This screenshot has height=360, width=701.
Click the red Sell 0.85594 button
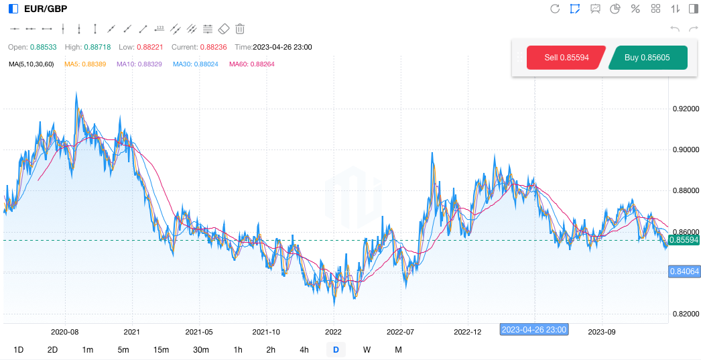566,58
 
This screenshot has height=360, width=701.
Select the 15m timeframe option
161,349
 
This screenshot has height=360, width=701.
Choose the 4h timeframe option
304,349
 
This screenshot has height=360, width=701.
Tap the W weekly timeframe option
367,349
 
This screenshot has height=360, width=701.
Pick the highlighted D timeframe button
336,349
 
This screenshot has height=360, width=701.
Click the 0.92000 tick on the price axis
685,109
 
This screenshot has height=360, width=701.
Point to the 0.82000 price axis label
685,314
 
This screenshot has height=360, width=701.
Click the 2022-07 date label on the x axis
400,332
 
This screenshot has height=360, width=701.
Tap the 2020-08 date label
65,332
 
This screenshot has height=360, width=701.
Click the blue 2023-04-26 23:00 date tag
534,329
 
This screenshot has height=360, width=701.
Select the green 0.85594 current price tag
684,240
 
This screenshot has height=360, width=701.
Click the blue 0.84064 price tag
684,272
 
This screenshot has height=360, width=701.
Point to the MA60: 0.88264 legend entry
251,64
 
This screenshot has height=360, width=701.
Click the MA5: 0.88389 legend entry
85,64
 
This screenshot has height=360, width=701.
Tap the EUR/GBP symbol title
45,9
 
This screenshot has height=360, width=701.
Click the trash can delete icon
240,29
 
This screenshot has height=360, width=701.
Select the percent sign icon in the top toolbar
635,9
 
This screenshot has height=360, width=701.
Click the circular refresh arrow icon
555,9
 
